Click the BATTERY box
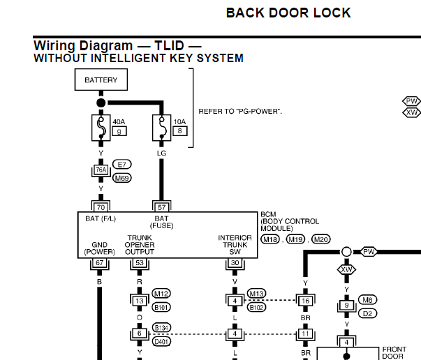(x=101, y=80)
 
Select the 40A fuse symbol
(x=101, y=128)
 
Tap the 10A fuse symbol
(x=162, y=128)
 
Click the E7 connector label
(x=122, y=164)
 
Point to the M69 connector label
(x=122, y=178)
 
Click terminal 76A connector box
(x=101, y=170)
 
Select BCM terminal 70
(x=101, y=207)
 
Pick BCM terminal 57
(x=162, y=207)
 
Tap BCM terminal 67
(x=99, y=262)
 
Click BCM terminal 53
(x=140, y=262)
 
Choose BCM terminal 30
(x=235, y=262)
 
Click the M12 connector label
(x=161, y=294)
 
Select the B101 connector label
(x=161, y=307)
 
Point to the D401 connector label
(x=161, y=341)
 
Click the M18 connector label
(x=270, y=239)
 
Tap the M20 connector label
(x=321, y=239)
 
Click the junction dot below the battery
(x=101, y=103)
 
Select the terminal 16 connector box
(x=306, y=301)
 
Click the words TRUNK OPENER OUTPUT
(x=140, y=245)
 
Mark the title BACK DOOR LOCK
(x=288, y=13)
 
